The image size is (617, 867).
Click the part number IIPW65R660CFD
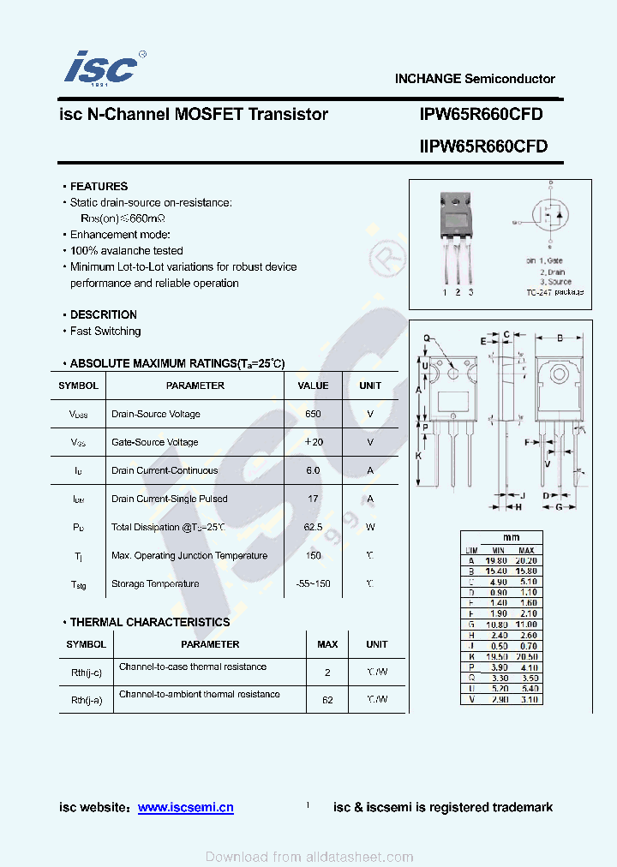click(482, 146)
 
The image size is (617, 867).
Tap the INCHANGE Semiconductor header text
click(475, 79)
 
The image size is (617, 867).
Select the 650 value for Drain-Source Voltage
click(313, 414)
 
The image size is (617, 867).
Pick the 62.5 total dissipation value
click(313, 527)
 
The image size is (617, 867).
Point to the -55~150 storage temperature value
click(313, 583)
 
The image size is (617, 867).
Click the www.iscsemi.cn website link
click(185, 807)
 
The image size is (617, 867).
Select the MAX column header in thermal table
click(327, 644)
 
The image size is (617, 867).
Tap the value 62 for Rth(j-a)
click(327, 700)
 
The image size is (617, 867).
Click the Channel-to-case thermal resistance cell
click(193, 667)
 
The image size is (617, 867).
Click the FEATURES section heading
click(99, 186)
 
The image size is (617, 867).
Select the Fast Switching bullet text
click(105, 331)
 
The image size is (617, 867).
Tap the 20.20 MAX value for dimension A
click(525, 560)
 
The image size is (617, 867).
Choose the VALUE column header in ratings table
click(313, 386)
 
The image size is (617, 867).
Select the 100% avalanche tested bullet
click(126, 250)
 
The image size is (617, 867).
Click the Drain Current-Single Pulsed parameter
click(170, 499)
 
